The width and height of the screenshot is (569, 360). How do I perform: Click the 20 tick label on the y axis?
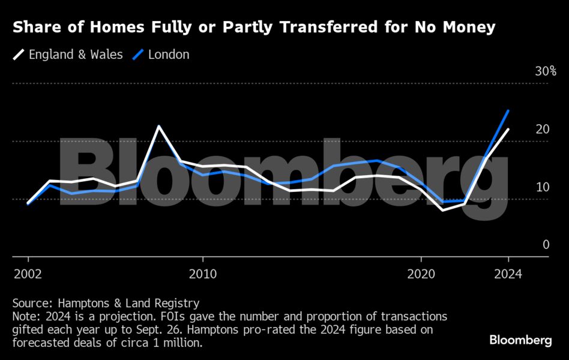pos(543,130)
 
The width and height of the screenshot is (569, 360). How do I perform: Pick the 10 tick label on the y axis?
pos(543,187)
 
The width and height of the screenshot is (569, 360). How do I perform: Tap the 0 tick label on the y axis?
pos(546,245)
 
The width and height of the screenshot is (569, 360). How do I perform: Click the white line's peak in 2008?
pos(158,126)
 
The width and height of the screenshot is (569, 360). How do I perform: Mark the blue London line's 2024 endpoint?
pos(508,110)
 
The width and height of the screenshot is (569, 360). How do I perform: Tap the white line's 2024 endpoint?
pos(508,129)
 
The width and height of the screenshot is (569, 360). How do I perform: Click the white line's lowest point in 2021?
pos(442,210)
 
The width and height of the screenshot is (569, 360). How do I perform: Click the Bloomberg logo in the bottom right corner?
pos(520,340)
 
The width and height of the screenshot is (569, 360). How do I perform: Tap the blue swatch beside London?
pos(137,55)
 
